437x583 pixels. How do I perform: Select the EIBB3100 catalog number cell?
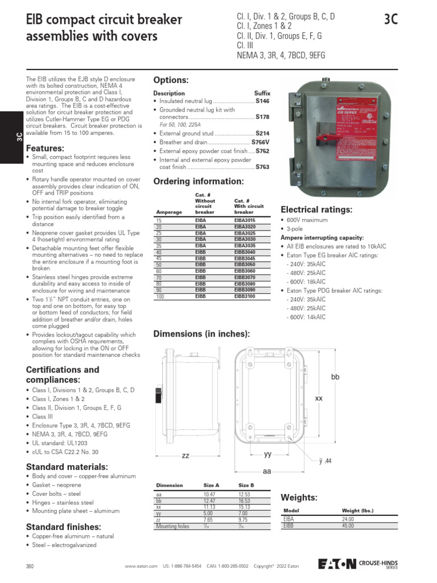245,297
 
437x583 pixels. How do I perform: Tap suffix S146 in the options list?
262,101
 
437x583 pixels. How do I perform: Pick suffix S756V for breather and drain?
261,142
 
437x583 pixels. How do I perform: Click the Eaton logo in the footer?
337,564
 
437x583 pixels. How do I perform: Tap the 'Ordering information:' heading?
199,182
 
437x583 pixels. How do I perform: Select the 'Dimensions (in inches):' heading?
201,334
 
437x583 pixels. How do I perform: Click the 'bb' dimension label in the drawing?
335,377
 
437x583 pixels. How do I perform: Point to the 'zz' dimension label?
185,455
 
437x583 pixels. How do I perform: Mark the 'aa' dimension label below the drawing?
266,471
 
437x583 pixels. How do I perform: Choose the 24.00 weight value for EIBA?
348,519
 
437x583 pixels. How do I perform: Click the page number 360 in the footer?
30,566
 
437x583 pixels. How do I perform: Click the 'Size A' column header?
211,485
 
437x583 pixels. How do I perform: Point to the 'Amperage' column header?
169,212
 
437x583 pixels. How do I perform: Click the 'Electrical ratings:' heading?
316,210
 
